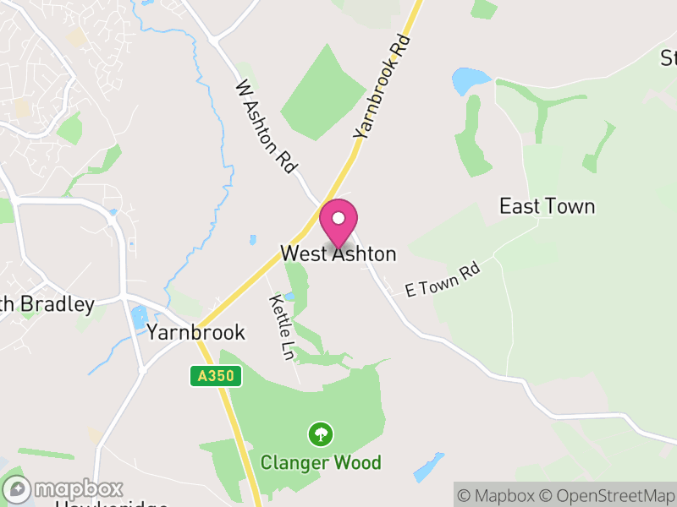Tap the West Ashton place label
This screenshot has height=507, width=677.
[338, 253]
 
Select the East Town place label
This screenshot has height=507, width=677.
[547, 206]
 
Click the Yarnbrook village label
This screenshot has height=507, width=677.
[195, 332]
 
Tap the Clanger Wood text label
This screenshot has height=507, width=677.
[321, 462]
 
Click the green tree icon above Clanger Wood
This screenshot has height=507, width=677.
[321, 435]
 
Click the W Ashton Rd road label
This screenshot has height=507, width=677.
[267, 127]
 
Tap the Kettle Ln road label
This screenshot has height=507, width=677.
[281, 328]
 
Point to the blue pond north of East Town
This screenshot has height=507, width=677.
[471, 81]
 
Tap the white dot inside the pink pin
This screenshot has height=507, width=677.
[338, 218]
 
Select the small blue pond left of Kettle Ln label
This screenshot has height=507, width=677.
[289, 297]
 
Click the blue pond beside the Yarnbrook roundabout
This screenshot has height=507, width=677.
[139, 319]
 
